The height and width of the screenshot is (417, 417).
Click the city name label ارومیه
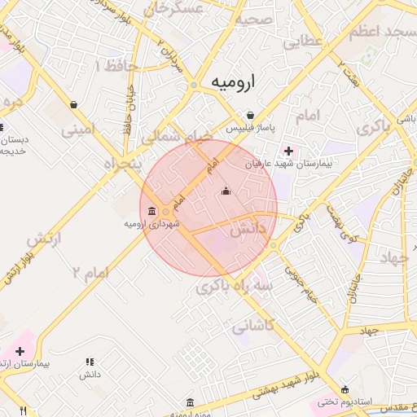[x=233, y=82]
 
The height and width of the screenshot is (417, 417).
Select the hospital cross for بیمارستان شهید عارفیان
[x=288, y=150]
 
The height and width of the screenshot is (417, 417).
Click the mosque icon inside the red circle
[x=226, y=192]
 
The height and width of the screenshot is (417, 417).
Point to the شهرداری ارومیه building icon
[x=153, y=211]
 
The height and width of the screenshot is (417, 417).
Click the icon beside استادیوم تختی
[x=345, y=388]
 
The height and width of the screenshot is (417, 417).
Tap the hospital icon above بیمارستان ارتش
[x=20, y=351]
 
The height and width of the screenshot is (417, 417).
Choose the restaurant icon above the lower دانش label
[x=90, y=362]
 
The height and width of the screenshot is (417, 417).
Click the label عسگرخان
[x=173, y=9]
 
